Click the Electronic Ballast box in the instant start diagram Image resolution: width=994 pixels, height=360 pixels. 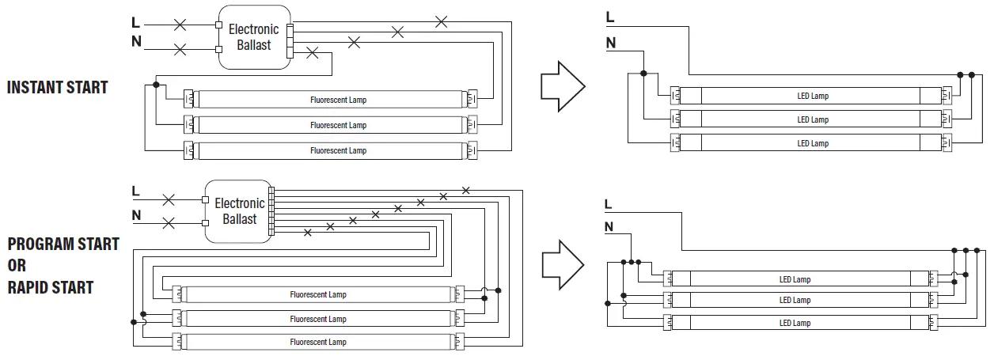253,37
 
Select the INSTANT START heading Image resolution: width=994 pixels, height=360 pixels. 57,87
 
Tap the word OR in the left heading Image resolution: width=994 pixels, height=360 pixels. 17,266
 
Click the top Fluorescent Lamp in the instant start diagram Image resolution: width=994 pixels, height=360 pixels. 338,100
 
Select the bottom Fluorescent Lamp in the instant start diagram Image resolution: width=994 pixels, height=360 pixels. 338,150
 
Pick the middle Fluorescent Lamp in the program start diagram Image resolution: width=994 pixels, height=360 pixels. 318,319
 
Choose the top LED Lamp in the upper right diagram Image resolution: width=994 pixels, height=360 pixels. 812,96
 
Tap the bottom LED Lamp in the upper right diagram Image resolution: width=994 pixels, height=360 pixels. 812,143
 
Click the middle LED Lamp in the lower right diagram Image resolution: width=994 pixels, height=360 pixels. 795,300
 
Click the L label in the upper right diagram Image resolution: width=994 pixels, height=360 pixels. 609,17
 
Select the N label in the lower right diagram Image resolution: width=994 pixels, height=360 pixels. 609,227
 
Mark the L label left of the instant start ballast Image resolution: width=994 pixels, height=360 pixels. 136,23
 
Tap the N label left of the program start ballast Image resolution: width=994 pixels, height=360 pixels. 136,214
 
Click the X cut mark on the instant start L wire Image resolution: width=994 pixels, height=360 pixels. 180,25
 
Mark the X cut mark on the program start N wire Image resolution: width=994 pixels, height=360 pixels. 168,223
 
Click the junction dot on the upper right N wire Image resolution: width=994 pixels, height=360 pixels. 643,73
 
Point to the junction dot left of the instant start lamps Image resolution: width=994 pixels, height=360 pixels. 157,84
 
